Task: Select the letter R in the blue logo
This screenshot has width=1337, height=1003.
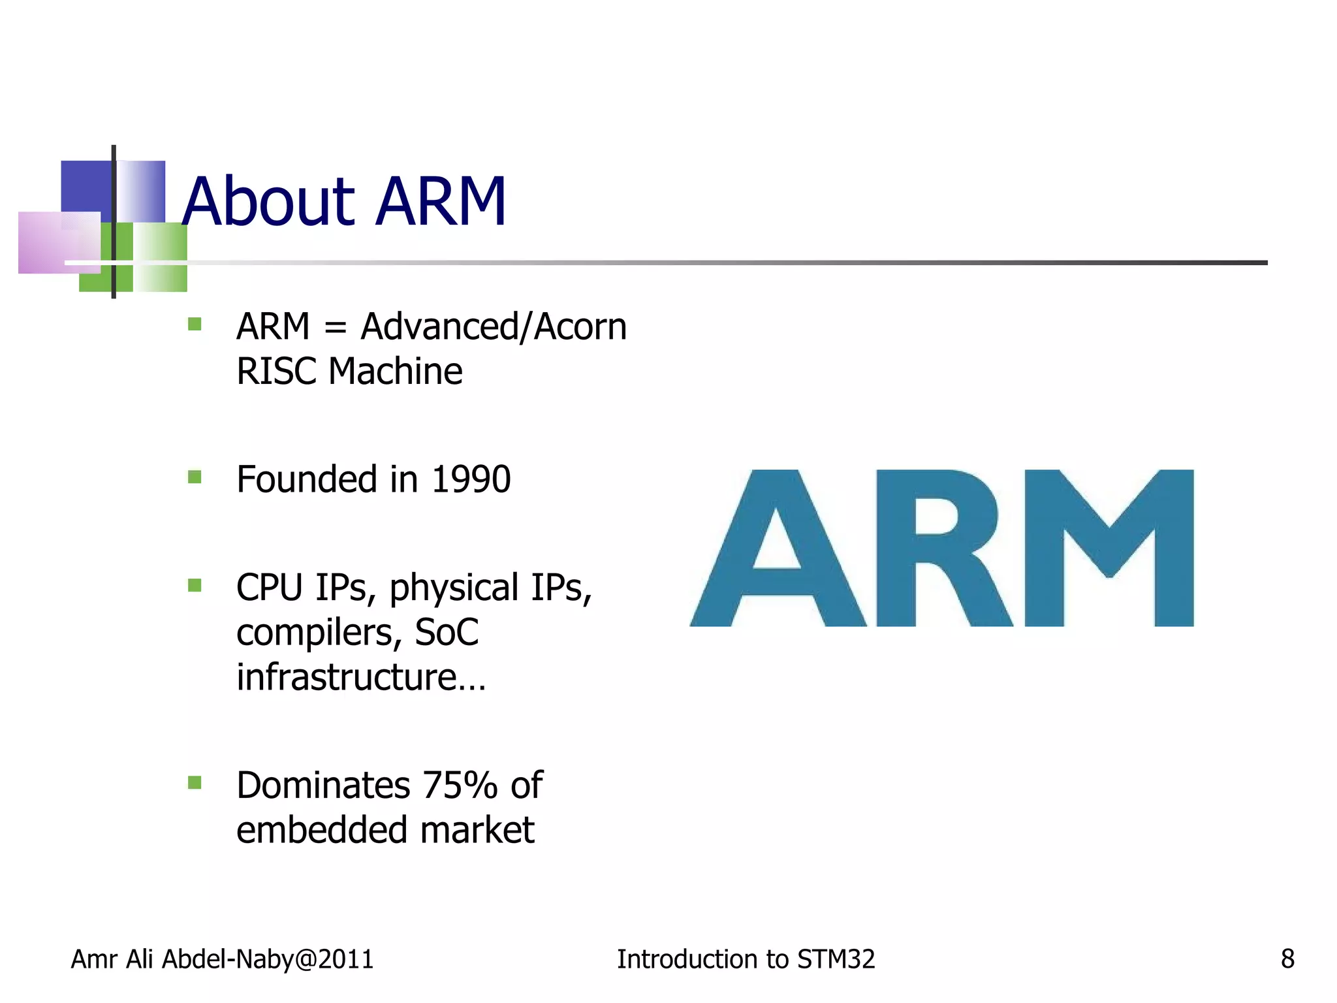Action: [943, 549]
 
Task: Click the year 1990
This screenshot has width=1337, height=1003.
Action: [471, 479]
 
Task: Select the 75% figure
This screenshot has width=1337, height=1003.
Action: [460, 785]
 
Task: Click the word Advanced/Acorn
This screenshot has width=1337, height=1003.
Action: [494, 326]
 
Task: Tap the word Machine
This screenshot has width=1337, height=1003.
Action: [395, 372]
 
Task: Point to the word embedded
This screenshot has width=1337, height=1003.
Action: [322, 830]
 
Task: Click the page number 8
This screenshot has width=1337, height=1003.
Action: [1287, 959]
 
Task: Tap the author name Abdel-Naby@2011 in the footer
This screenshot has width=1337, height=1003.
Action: [268, 959]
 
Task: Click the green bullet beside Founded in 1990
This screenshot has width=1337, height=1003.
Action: [195, 477]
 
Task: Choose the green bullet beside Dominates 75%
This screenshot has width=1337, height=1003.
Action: [195, 782]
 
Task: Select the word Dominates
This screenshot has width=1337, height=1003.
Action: [323, 785]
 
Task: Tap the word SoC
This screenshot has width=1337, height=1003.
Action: [447, 633]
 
